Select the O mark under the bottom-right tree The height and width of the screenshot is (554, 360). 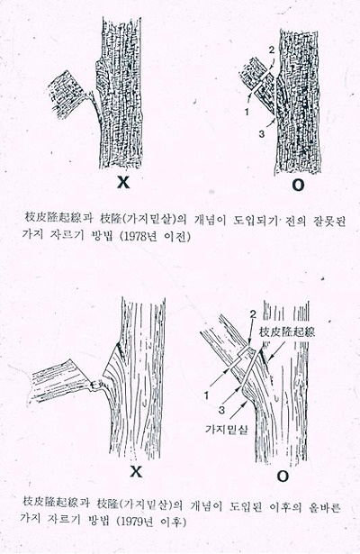[283, 475]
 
